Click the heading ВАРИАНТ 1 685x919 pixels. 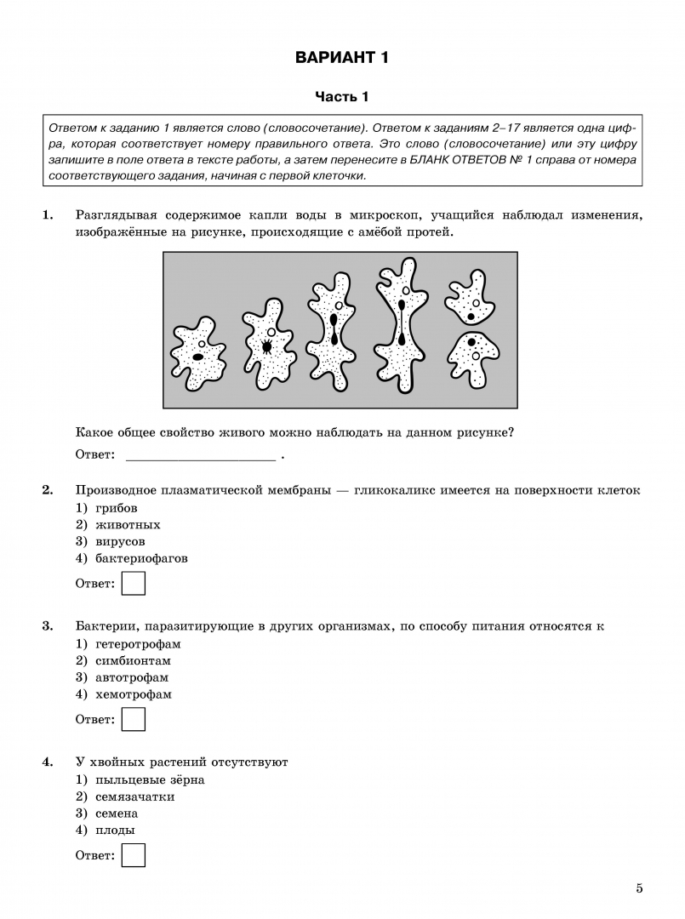point(342,58)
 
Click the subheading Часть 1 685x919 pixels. point(342,97)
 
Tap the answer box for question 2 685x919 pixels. point(134,584)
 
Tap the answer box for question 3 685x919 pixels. point(134,719)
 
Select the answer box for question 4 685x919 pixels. point(134,854)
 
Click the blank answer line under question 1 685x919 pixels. point(200,456)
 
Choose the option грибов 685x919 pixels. point(111,508)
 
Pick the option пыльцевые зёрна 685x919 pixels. point(140,779)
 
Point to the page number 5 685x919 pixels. point(639,889)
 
